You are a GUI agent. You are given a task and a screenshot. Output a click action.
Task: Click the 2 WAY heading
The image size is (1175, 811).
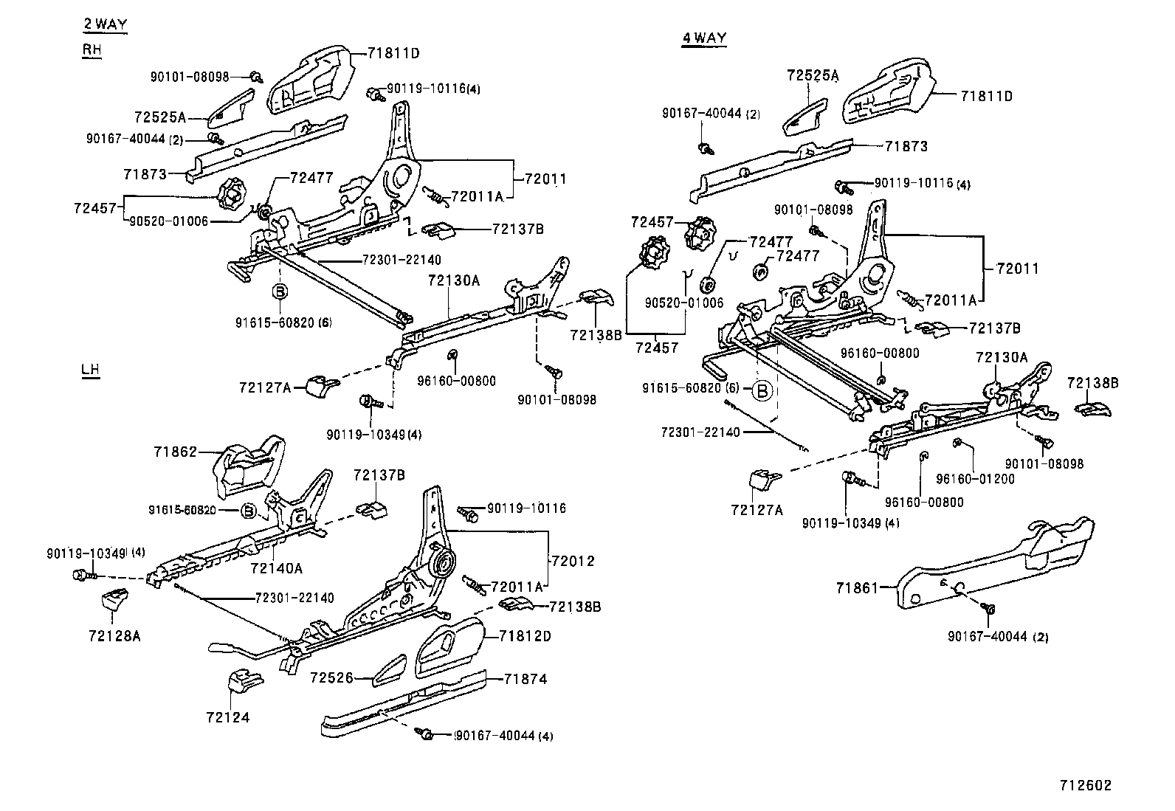click(x=105, y=24)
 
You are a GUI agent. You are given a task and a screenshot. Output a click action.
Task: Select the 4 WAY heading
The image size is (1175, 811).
click(x=704, y=38)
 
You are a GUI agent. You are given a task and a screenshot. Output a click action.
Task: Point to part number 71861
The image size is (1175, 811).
click(x=858, y=588)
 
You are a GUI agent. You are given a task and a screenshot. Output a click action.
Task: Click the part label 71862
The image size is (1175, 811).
click(x=176, y=452)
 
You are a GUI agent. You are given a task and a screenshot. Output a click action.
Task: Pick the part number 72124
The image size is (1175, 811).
click(x=227, y=717)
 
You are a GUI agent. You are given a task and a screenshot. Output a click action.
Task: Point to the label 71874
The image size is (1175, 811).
click(x=526, y=679)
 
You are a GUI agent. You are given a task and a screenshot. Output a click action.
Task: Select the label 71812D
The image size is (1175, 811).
click(x=525, y=636)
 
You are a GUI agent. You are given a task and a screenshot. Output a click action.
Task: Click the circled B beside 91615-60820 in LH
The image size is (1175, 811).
click(x=249, y=511)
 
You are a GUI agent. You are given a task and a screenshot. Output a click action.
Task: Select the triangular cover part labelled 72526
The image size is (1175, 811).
click(x=388, y=668)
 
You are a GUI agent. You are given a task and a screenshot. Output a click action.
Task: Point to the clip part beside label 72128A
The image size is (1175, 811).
click(x=113, y=601)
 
